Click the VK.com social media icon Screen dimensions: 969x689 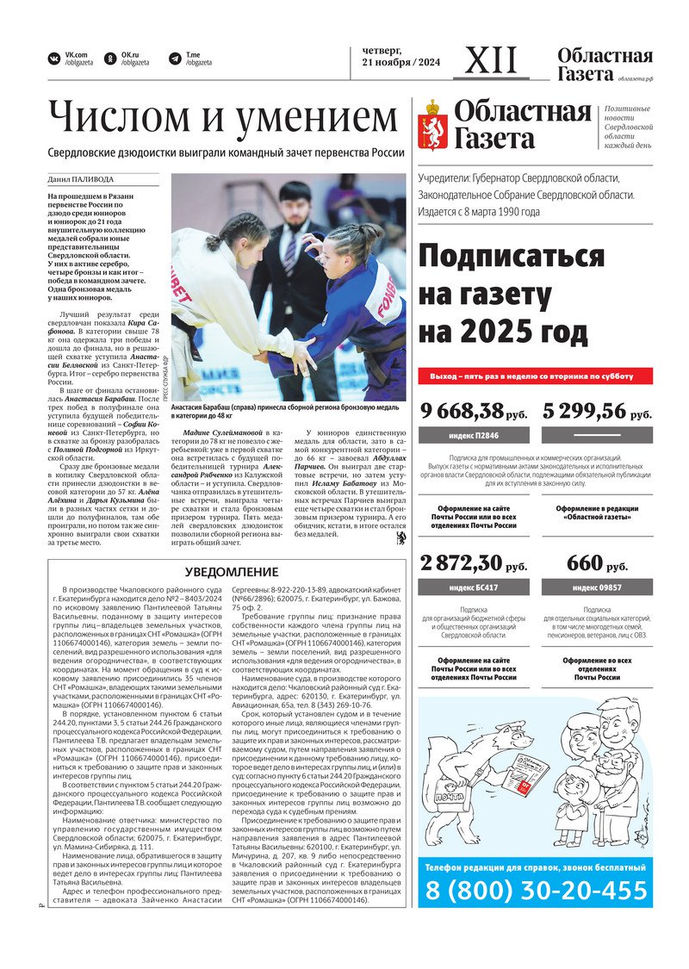point(54,59)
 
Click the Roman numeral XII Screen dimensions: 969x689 point(492,61)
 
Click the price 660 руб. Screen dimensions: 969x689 point(598,564)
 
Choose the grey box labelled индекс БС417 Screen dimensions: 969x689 point(473,587)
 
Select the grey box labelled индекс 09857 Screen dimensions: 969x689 point(598,587)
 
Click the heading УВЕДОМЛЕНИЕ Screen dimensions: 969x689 point(233,572)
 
